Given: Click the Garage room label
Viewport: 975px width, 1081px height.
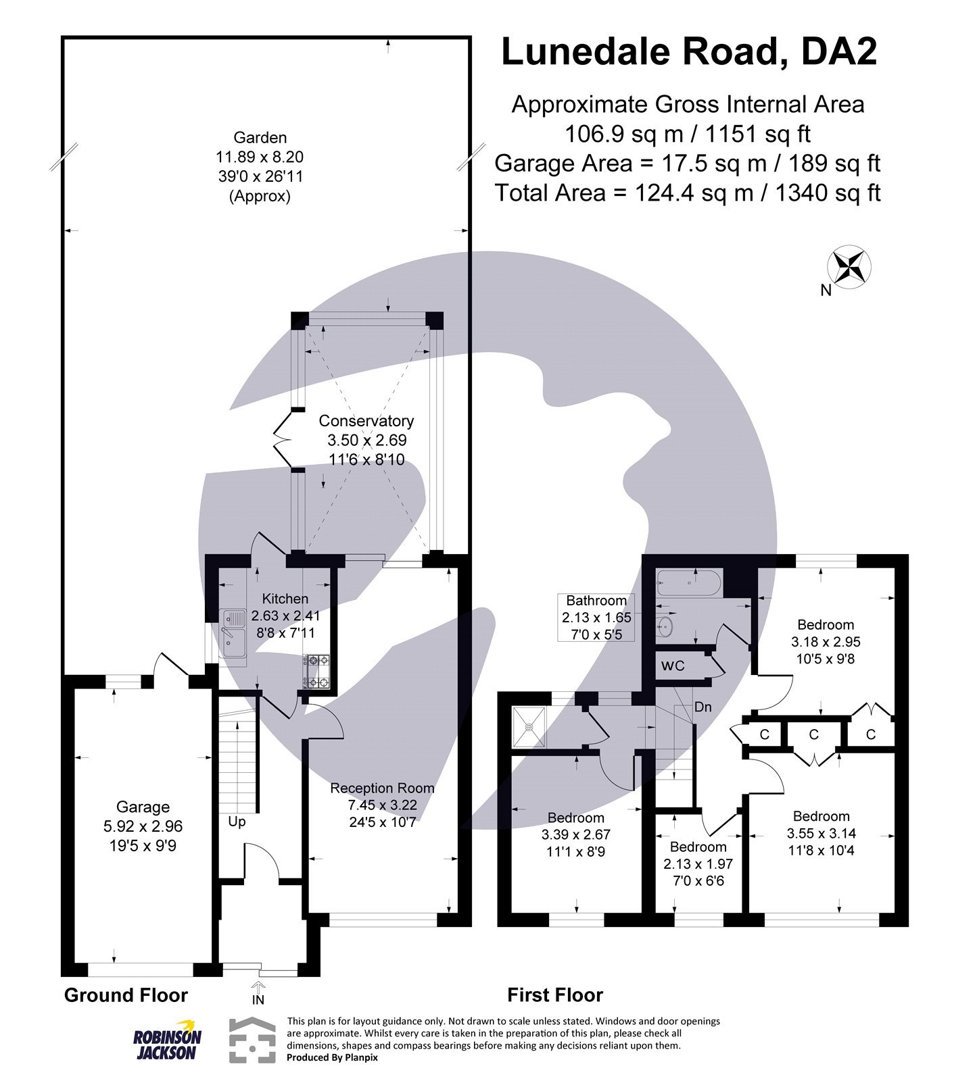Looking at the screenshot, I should click(x=143, y=807).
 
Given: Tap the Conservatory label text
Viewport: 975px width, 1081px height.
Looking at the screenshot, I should click(x=366, y=421).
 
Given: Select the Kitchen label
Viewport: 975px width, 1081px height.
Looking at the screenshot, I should click(x=285, y=599).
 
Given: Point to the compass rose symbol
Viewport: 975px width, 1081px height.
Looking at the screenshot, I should click(x=850, y=267).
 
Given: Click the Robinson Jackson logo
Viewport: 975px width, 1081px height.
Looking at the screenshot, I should click(x=166, y=1040).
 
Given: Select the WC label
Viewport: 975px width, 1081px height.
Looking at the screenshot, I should click(x=673, y=666).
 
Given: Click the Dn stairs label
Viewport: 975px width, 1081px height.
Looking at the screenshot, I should click(x=703, y=707).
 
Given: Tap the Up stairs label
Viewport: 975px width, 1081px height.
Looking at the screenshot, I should click(x=237, y=822).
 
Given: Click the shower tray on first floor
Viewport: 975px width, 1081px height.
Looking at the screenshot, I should click(x=529, y=727).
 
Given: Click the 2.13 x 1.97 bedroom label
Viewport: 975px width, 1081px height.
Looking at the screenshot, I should click(x=698, y=864).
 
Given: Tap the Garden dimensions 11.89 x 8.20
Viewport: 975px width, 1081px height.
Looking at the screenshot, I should click(x=260, y=157).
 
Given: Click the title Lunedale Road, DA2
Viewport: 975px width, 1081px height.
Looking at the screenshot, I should click(x=688, y=52).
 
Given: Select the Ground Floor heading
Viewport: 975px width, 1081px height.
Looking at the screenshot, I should click(x=126, y=995).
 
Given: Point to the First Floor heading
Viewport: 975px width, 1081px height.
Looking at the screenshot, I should click(x=554, y=995).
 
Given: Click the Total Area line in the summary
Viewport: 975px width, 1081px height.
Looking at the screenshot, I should click(x=688, y=193).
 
